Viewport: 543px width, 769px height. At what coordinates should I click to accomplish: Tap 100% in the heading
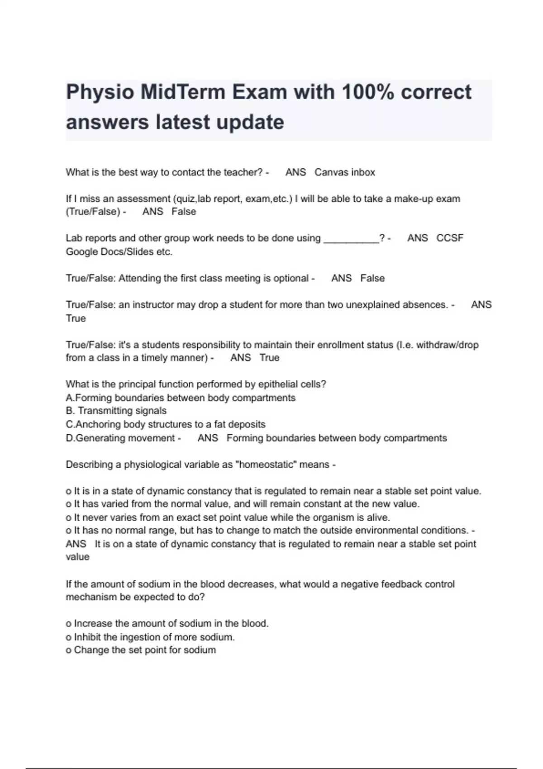pyautogui.click(x=367, y=92)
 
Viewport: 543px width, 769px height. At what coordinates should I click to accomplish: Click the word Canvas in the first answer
pyautogui.click(x=329, y=172)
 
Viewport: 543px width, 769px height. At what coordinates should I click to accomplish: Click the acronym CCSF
pyautogui.click(x=450, y=238)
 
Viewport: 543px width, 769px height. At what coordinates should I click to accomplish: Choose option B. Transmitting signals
pyautogui.click(x=116, y=411)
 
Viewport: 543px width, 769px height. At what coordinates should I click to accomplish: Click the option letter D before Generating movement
pyautogui.click(x=69, y=438)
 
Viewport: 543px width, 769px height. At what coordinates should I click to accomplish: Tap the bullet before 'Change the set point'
pyautogui.click(x=68, y=650)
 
